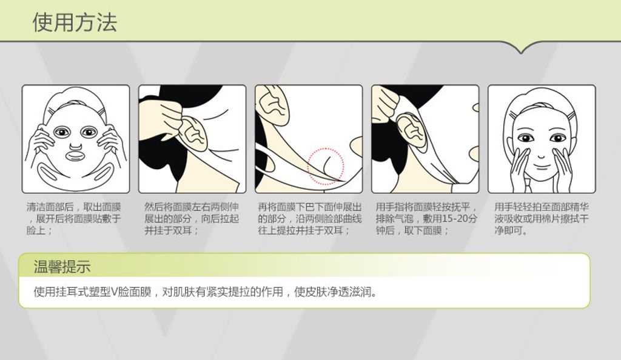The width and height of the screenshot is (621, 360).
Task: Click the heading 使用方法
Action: point(75,22)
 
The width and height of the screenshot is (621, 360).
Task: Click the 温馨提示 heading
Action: point(62,267)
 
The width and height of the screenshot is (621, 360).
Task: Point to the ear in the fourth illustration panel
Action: point(411,130)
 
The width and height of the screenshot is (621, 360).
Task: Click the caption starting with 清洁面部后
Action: point(73,218)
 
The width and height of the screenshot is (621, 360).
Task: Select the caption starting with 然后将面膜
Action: point(192,218)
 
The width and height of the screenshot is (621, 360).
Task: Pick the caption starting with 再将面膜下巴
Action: point(310,218)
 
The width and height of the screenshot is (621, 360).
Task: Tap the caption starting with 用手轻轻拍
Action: point(542,218)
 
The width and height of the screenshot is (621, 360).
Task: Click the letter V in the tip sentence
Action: point(114,292)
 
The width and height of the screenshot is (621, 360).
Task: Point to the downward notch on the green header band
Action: point(522,50)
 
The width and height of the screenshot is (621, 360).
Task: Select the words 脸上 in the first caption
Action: point(36,230)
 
